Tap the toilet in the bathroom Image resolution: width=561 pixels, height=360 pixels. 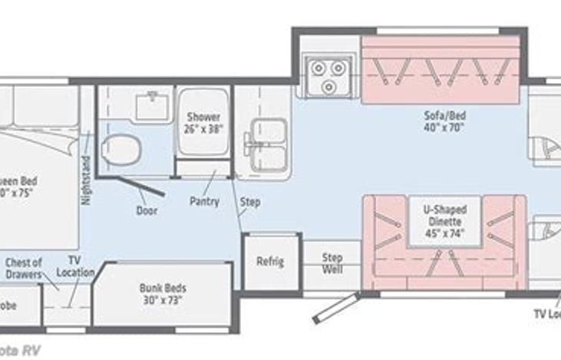(x=120, y=149)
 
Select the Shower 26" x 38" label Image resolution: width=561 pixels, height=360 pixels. (x=204, y=123)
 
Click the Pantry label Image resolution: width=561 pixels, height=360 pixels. (x=204, y=202)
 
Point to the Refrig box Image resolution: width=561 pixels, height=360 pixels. (x=270, y=261)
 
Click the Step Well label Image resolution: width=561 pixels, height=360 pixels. (x=332, y=263)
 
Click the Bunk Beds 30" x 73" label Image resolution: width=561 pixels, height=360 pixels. (x=163, y=294)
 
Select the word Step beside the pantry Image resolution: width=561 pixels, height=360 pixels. (x=250, y=203)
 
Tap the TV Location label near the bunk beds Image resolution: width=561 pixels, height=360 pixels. (x=75, y=266)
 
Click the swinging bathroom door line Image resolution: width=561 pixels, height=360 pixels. (x=141, y=186)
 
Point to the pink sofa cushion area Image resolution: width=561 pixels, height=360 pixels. (x=444, y=77)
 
